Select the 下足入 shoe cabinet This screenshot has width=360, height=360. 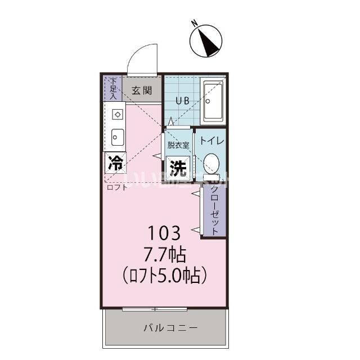click(x=113, y=88)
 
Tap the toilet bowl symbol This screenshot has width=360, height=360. click(x=211, y=163)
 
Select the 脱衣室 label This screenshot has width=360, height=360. click(x=178, y=144)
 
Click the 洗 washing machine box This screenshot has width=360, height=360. click(x=178, y=167)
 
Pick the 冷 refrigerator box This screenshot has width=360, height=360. click(x=115, y=164)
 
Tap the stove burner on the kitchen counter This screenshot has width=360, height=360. click(x=118, y=114)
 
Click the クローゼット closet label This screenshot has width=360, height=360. click(x=214, y=211)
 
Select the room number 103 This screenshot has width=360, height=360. click(x=164, y=232)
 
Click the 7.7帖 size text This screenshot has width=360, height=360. click(x=164, y=254)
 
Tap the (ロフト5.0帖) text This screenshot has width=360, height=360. click(x=165, y=276)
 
